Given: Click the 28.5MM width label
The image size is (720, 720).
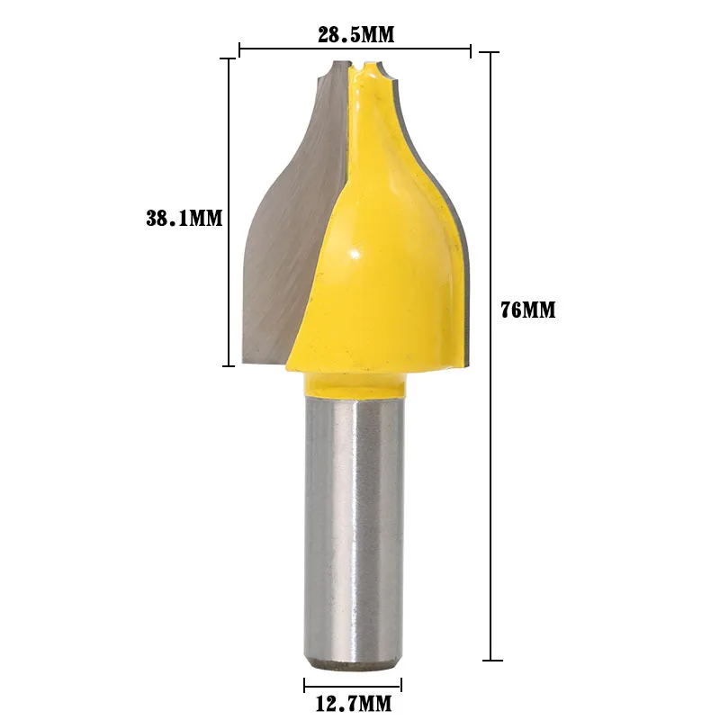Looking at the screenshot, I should point(355,35).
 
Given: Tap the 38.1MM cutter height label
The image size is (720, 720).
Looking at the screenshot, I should point(184,218).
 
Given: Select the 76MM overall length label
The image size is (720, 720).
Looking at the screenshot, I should point(528,310).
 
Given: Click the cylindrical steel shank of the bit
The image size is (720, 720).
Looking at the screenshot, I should point(353,531).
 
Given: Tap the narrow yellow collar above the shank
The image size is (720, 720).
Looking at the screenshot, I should point(353,384).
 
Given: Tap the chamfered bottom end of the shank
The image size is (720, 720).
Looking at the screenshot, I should point(353,664).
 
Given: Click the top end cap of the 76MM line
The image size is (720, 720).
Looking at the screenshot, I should point(490,53).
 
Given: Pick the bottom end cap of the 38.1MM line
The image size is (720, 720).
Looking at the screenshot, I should point(230,365).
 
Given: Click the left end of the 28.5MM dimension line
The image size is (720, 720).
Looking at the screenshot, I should point(240,49).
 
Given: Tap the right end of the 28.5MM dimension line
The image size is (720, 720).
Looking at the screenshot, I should point(471,49).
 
